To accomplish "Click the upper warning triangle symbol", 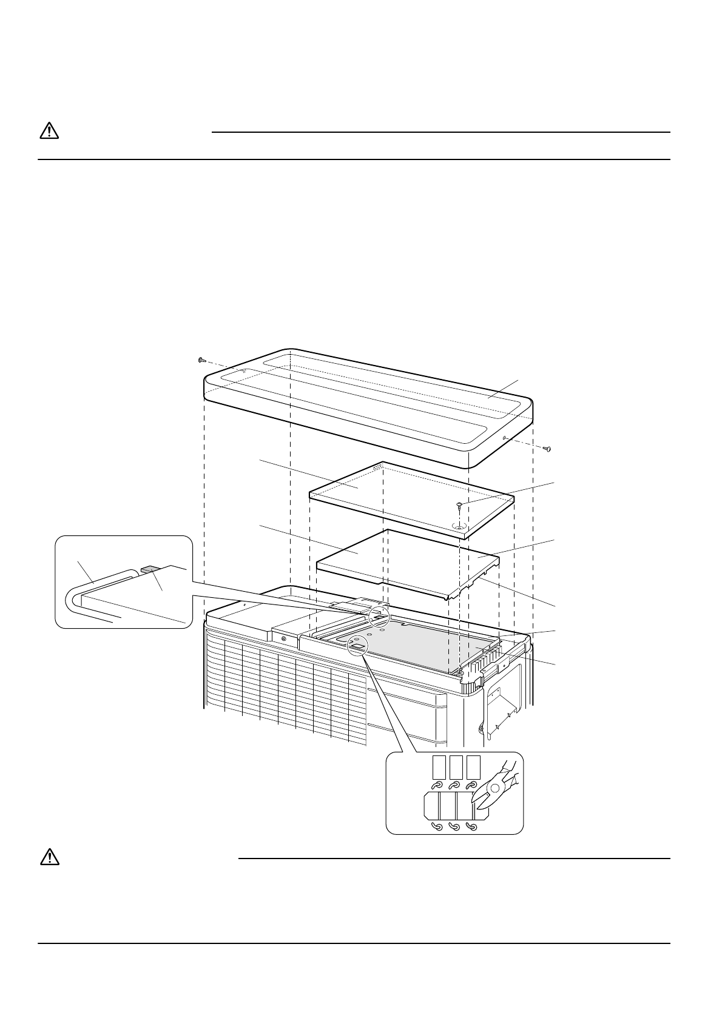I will coord(49,130).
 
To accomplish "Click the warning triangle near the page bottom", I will coord(49,857).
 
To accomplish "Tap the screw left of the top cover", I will coord(202,360).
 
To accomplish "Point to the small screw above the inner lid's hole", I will coord(461,503).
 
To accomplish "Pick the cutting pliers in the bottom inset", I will coord(495,787).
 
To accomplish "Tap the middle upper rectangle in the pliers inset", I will coord(457,767).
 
